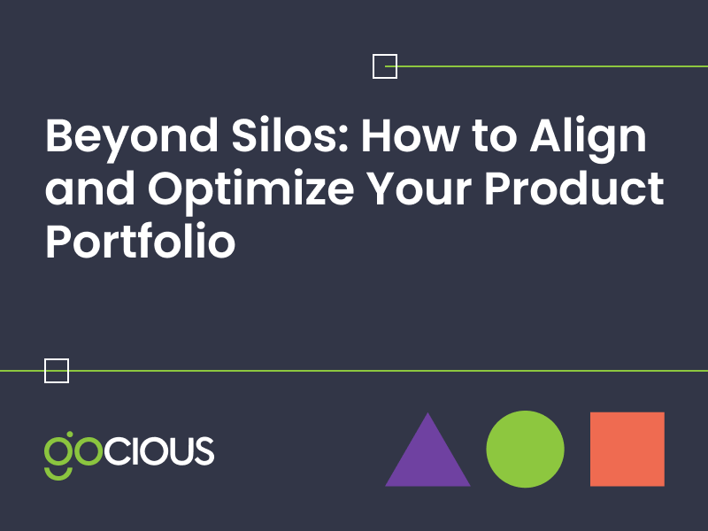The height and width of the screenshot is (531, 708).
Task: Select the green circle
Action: point(525,449)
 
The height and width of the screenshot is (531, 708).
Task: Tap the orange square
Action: point(627,449)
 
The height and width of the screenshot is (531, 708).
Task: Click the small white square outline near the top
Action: point(385,66)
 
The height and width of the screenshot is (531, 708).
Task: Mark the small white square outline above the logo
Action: point(57,371)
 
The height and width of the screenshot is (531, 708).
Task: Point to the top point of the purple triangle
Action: point(427,414)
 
